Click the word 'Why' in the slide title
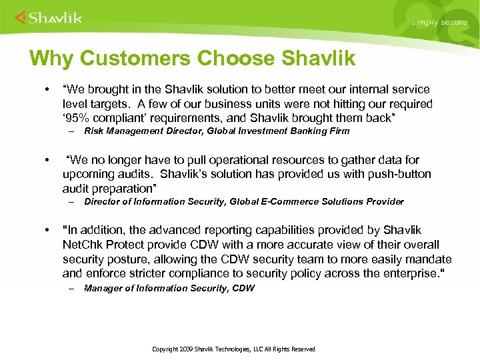click(51, 59)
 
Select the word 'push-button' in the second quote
click(399, 174)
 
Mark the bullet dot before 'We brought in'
click(47, 89)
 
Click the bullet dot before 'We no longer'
click(47, 160)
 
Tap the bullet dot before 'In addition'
click(47, 230)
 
